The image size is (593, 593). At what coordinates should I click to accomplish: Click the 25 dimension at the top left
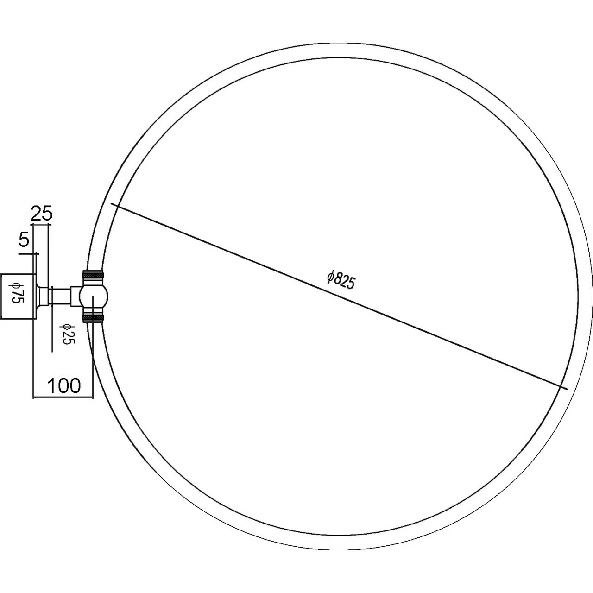[42, 214]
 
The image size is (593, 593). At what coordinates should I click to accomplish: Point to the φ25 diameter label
[68, 334]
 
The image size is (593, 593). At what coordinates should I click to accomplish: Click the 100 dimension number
[63, 385]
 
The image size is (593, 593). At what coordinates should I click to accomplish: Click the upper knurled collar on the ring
[93, 275]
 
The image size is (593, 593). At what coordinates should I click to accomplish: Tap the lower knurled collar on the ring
[93, 317]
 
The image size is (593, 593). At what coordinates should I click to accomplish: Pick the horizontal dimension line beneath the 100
[63, 397]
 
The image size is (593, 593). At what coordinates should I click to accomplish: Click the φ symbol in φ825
[330, 277]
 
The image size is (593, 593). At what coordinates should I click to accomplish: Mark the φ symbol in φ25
[68, 327]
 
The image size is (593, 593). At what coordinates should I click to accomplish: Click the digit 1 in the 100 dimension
[51, 385]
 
